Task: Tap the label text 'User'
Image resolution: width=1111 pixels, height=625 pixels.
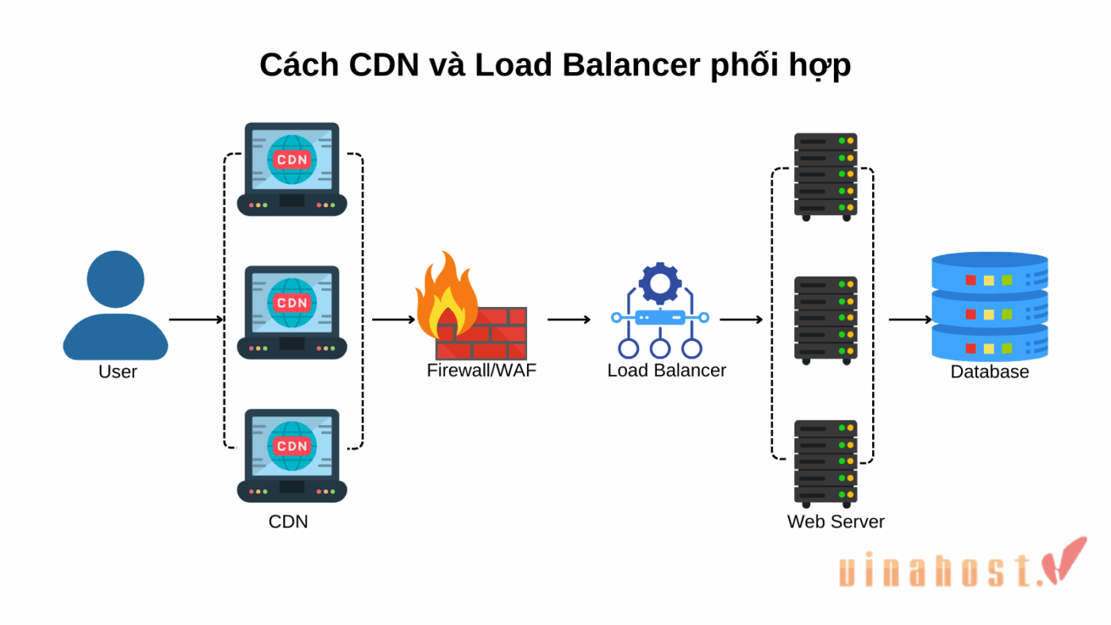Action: point(117,372)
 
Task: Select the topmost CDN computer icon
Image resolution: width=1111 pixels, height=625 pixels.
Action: point(292,169)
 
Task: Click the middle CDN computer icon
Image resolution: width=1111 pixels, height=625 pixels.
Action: point(292,312)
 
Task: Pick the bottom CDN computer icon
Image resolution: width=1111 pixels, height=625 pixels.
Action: point(292,455)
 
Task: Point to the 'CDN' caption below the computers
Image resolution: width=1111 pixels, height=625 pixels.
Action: point(288,522)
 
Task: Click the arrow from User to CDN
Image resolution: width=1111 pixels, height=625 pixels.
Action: point(196,320)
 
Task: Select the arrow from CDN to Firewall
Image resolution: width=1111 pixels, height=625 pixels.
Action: point(394,320)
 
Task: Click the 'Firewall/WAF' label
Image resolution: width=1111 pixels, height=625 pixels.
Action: point(482,370)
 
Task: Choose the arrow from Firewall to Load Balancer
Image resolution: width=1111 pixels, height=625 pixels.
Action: point(569,320)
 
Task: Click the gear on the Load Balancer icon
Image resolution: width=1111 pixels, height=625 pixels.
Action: point(659,282)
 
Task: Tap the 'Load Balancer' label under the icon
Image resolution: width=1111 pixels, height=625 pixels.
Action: point(667,370)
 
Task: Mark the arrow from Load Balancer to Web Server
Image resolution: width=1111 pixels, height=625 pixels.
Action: point(741,320)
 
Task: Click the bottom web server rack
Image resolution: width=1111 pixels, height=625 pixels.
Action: point(825,463)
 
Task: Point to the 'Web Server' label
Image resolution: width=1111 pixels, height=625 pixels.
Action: point(836,522)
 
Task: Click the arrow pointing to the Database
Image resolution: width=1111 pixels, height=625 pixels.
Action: point(909,320)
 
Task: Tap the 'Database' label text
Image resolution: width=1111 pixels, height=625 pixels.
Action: point(990,372)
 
